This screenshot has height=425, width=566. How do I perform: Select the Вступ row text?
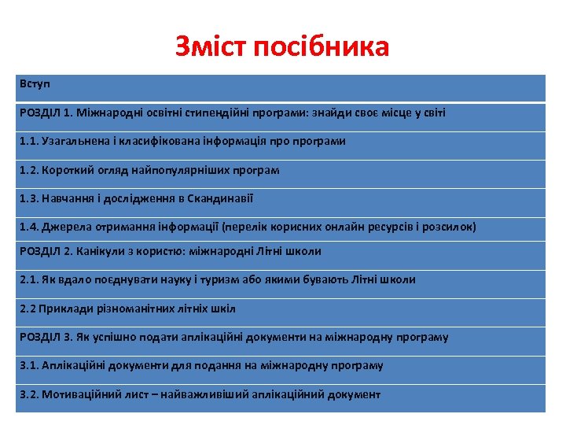[35, 83]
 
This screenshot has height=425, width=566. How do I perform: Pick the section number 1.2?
[28, 170]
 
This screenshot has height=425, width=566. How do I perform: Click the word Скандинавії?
[221, 198]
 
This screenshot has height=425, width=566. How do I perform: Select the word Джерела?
[63, 227]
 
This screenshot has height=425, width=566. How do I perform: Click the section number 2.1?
[28, 279]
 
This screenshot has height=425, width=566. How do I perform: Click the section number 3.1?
[28, 366]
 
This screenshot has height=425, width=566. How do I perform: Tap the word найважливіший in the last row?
[204, 394]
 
